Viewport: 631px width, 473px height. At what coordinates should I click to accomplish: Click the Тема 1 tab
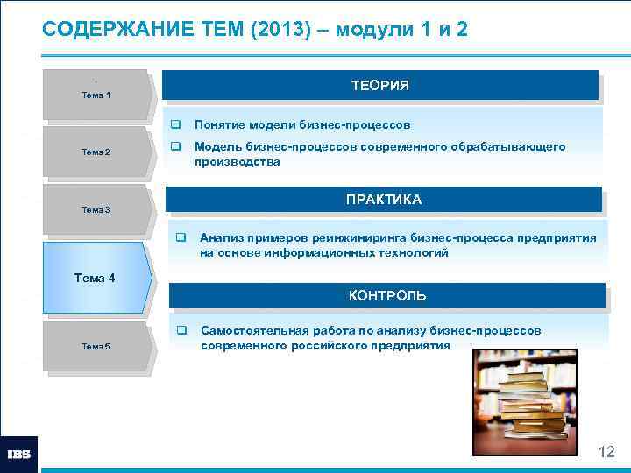tap(96, 94)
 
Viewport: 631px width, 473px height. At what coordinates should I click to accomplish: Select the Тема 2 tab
tap(96, 152)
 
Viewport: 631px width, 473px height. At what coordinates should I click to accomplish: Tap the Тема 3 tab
tap(96, 209)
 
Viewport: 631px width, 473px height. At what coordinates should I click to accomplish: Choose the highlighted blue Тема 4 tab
tap(96, 278)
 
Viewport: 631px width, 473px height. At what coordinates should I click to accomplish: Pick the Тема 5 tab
tap(96, 346)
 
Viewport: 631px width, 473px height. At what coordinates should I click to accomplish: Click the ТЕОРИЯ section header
tap(379, 86)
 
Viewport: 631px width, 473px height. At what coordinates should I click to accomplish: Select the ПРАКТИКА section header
tap(383, 200)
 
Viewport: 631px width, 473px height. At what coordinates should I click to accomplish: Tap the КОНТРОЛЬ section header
tap(386, 295)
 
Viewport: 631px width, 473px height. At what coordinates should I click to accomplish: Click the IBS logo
tap(18, 454)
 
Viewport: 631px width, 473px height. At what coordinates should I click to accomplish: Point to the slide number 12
tap(606, 452)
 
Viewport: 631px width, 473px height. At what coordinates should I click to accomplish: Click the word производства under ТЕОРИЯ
tap(237, 162)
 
